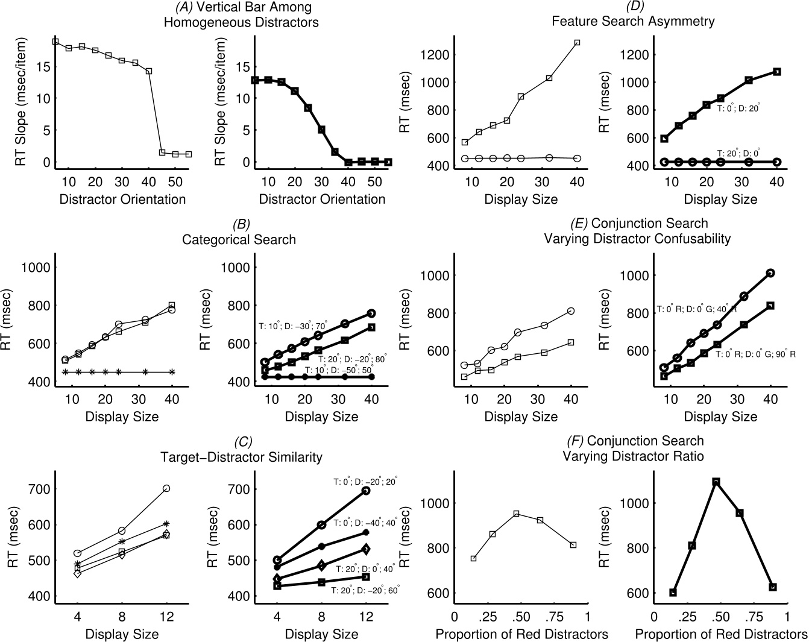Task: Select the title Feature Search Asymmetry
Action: [633, 21]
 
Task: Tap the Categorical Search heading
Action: [239, 239]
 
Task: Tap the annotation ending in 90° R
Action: [755, 354]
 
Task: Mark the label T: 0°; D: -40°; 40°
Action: [366, 523]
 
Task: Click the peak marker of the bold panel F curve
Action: [716, 482]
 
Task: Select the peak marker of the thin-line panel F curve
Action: [517, 514]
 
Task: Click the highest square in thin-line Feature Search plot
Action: [577, 43]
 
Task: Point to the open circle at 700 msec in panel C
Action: [166, 488]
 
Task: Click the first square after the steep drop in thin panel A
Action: [162, 153]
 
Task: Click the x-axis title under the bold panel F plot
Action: [721, 634]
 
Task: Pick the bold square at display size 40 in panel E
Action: [770, 306]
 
